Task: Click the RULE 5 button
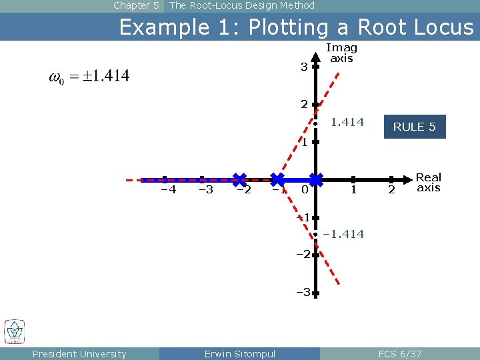pyautogui.click(x=415, y=127)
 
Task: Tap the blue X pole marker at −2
pyautogui.click(x=239, y=179)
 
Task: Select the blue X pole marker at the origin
pyautogui.click(x=316, y=179)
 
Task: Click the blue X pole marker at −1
pyautogui.click(x=277, y=179)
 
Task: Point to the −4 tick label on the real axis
pyautogui.click(x=169, y=190)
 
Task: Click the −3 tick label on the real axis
pyautogui.click(x=206, y=190)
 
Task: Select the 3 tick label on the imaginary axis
pyautogui.click(x=303, y=67)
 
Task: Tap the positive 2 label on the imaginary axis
pyautogui.click(x=303, y=105)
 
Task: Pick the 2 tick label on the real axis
pyautogui.click(x=391, y=191)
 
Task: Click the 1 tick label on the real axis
pyautogui.click(x=353, y=191)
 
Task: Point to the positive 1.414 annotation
pyautogui.click(x=347, y=122)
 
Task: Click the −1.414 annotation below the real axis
pyautogui.click(x=343, y=234)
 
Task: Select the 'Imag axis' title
pyautogui.click(x=341, y=53)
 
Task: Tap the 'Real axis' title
pyautogui.click(x=428, y=182)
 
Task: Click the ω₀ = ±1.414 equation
pyautogui.click(x=89, y=76)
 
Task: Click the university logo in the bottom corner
pyautogui.click(x=15, y=331)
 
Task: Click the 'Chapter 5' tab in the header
pyautogui.click(x=136, y=5)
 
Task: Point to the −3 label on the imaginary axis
pyautogui.click(x=302, y=292)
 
